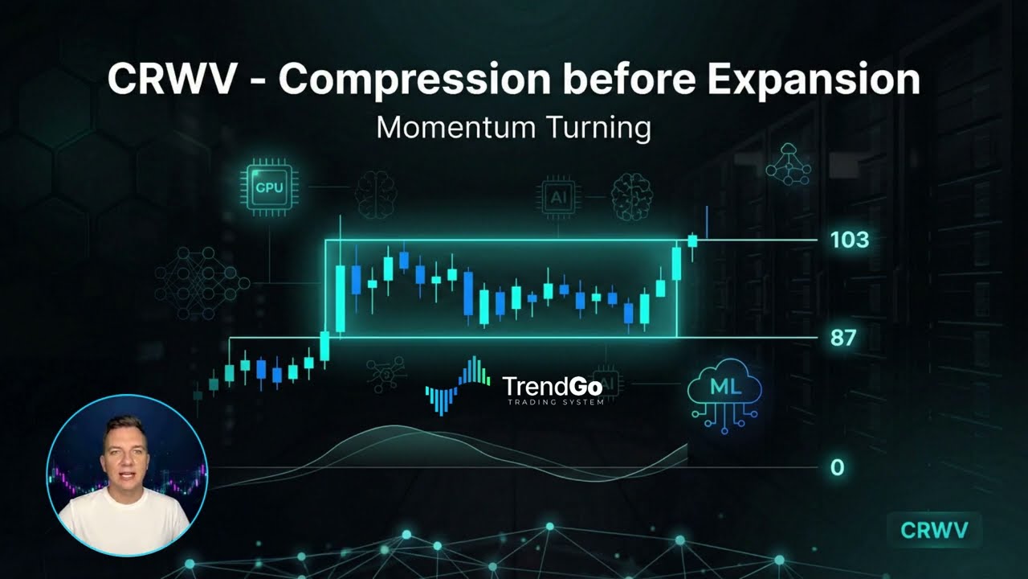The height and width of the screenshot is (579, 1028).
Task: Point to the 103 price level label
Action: [850, 240]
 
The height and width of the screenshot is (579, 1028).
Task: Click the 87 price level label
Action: [843, 338]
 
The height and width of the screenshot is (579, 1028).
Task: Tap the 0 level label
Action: [837, 467]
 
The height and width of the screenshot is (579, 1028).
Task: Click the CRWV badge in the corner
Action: [934, 530]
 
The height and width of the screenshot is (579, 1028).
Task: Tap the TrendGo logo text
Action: [552, 388]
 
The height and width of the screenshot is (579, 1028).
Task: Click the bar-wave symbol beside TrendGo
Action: [457, 387]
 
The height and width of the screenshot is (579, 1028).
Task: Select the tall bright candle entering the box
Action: [340, 298]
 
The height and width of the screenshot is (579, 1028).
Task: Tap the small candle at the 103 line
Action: [692, 240]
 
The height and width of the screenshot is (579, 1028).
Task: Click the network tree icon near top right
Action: [788, 164]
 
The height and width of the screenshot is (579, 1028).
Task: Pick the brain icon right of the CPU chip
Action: [377, 194]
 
